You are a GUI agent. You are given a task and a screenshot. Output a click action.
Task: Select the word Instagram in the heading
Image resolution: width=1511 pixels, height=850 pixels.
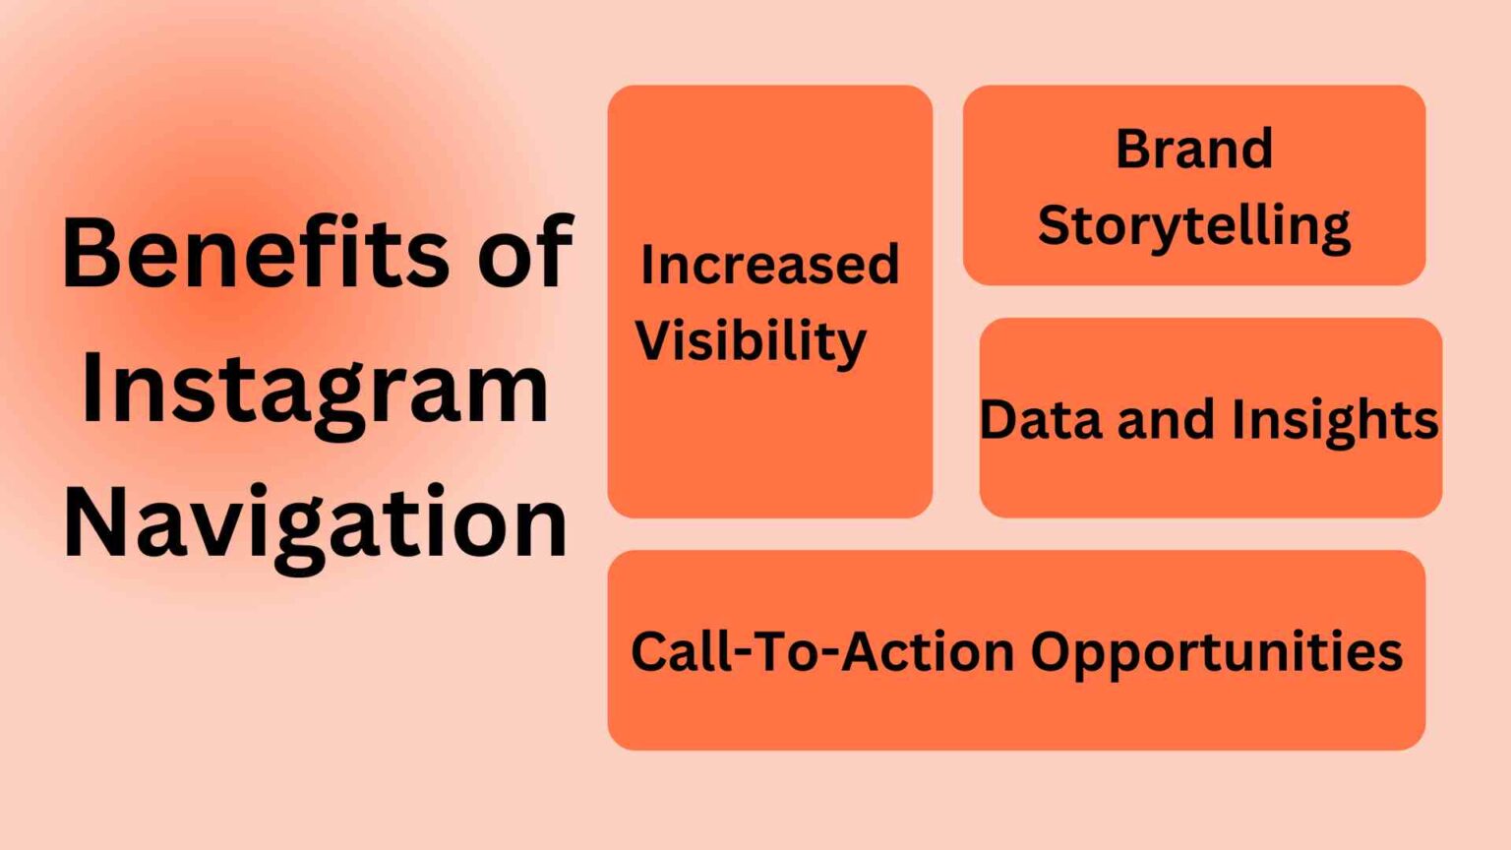click(x=315, y=392)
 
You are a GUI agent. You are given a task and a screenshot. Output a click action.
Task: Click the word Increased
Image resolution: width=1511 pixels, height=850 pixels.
click(x=769, y=266)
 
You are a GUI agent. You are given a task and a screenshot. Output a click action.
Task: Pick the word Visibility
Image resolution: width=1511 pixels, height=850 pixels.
click(x=751, y=342)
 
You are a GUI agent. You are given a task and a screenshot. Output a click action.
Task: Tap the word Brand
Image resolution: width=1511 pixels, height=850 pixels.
click(x=1193, y=150)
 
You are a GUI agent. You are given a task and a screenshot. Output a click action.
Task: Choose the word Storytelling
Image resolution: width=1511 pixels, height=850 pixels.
click(x=1193, y=226)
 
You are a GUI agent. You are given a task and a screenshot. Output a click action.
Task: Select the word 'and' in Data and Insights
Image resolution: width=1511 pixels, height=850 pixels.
click(x=1170, y=420)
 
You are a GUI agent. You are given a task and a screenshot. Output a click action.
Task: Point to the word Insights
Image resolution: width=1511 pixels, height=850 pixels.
click(x=1335, y=420)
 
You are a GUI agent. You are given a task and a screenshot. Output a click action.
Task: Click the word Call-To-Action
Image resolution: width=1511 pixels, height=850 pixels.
click(x=822, y=651)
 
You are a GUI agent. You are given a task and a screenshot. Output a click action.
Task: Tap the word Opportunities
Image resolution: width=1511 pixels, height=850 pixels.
click(x=1216, y=653)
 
